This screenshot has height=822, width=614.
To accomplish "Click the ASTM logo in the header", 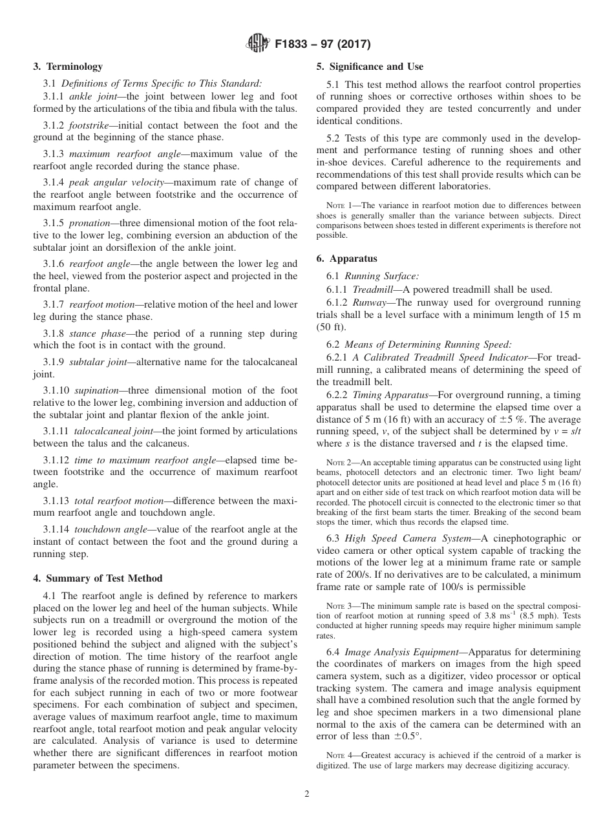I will (259, 45).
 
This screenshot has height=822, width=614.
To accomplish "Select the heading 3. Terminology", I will (68, 67).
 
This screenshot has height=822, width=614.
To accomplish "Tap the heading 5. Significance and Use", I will (370, 67).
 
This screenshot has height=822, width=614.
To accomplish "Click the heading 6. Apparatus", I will (346, 258).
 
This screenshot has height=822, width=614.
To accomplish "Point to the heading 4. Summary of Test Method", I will (98, 578).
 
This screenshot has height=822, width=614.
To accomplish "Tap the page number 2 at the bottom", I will (307, 794).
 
